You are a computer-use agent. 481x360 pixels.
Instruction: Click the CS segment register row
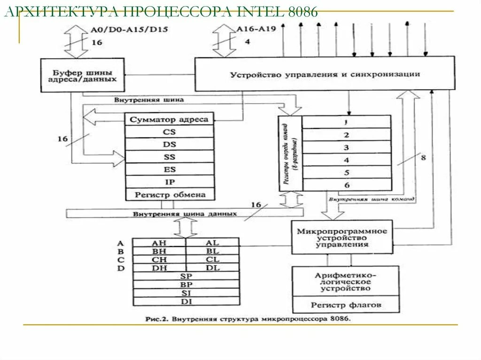169,132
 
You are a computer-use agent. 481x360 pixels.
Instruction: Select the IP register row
169,182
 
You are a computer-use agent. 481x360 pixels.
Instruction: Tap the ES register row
169,169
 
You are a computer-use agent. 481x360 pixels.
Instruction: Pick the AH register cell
159,243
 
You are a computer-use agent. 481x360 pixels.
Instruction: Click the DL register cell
212,268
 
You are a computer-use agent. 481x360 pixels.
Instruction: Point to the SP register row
186,276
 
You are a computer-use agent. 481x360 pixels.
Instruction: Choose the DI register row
186,301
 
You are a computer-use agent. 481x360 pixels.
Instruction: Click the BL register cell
212,251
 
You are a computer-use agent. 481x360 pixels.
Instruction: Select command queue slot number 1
346,122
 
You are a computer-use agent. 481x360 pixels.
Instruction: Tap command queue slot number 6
346,185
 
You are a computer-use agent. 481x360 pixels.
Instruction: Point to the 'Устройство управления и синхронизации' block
325,74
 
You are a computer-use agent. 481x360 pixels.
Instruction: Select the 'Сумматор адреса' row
169,119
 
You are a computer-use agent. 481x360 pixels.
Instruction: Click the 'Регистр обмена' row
169,194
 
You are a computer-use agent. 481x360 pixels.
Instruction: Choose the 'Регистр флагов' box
346,305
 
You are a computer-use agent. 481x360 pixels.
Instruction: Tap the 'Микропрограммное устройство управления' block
341,237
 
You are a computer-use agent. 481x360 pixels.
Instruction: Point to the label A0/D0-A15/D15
129,29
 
